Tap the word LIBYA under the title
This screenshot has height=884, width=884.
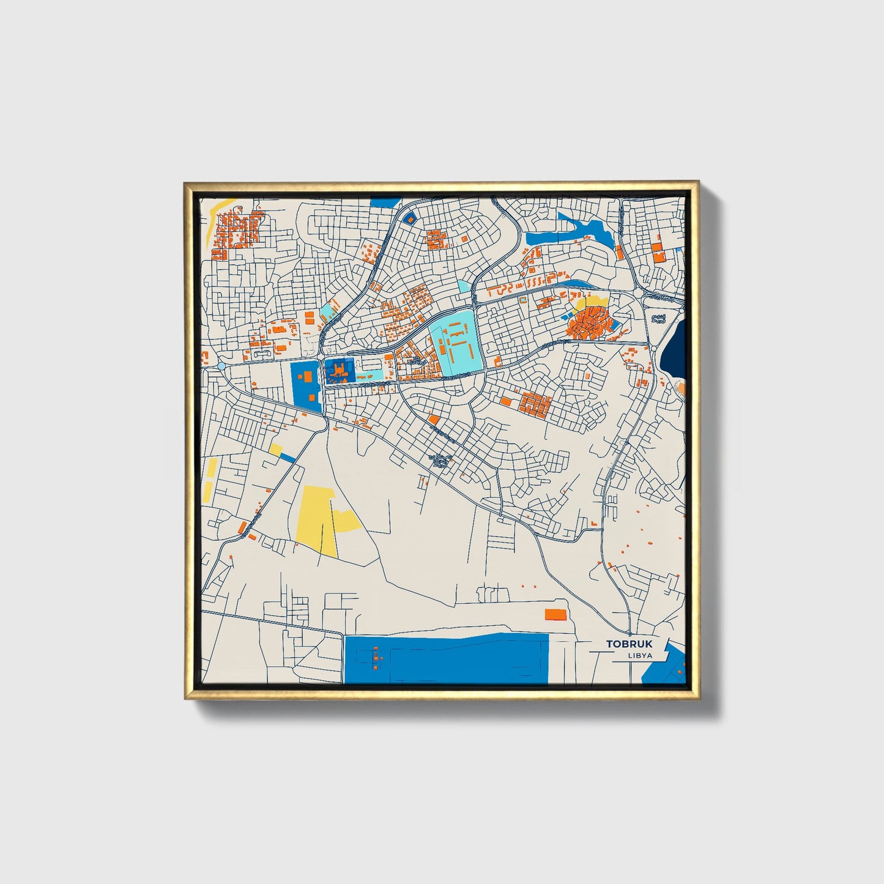[x=639, y=655]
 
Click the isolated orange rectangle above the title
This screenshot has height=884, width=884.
[x=555, y=614]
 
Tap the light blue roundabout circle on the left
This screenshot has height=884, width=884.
[x=221, y=365]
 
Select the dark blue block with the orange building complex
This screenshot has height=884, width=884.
[x=338, y=371]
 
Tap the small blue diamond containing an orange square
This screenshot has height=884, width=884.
[x=409, y=217]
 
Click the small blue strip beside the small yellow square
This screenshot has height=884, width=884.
[x=288, y=458]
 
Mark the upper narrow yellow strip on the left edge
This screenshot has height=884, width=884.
[x=212, y=468]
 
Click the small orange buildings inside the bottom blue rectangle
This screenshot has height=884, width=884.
[x=374, y=658]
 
